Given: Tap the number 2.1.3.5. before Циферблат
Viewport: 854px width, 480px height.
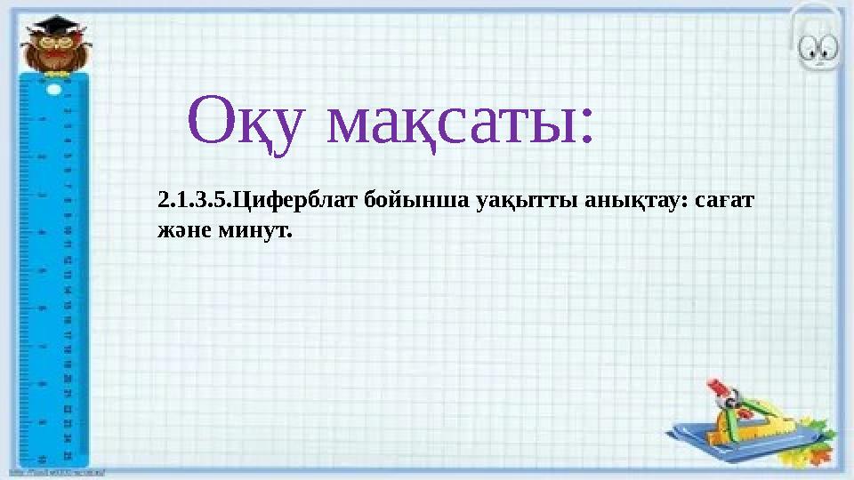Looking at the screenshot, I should click(193, 202).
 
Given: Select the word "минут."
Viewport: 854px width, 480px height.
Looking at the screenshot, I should click(251, 231).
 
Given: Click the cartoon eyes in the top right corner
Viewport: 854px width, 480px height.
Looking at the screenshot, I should click(820, 49).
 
